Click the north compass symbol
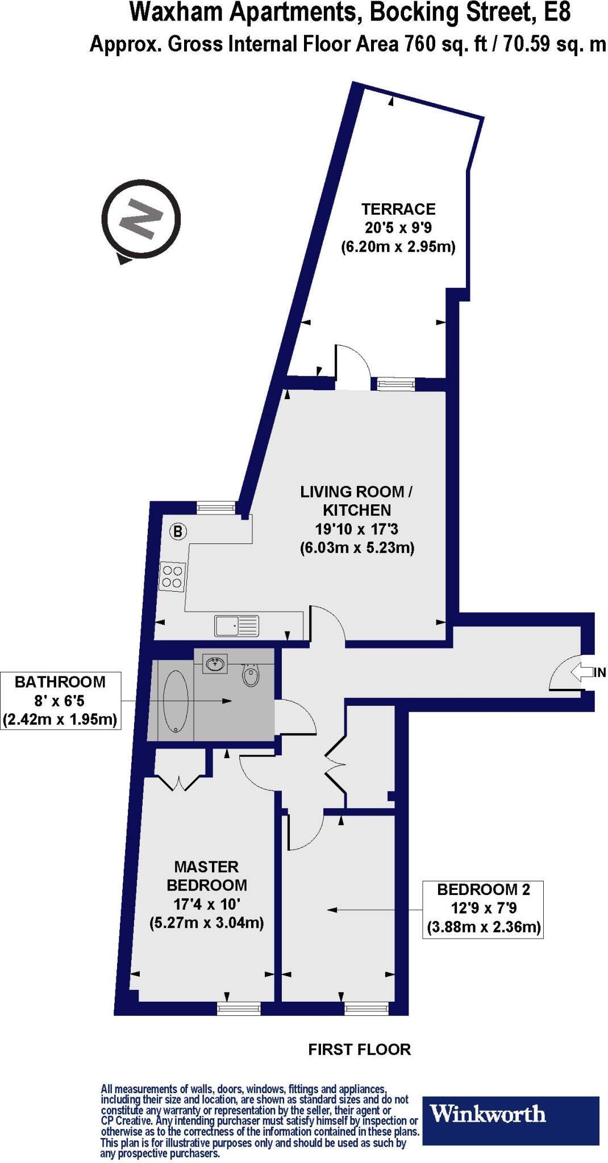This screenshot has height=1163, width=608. [x=141, y=220]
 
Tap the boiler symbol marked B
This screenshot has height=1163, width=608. [x=178, y=532]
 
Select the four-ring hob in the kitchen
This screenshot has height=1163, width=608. [x=172, y=576]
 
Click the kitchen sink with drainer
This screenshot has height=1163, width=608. [x=237, y=625]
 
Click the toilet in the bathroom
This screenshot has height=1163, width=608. [x=250, y=675]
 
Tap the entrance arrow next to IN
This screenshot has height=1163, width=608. [x=581, y=672]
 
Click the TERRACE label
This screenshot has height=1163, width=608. [x=398, y=209]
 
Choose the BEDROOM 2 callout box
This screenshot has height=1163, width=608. [x=483, y=909]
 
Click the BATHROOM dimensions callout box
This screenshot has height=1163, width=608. [x=61, y=701]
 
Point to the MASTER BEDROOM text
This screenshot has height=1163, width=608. [x=206, y=876]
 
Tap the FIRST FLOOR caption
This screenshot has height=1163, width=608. [x=359, y=1049]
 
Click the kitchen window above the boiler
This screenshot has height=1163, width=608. [x=216, y=507]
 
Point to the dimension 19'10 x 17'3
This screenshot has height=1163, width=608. [x=357, y=529]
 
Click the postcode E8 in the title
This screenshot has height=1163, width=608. [x=556, y=12]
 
